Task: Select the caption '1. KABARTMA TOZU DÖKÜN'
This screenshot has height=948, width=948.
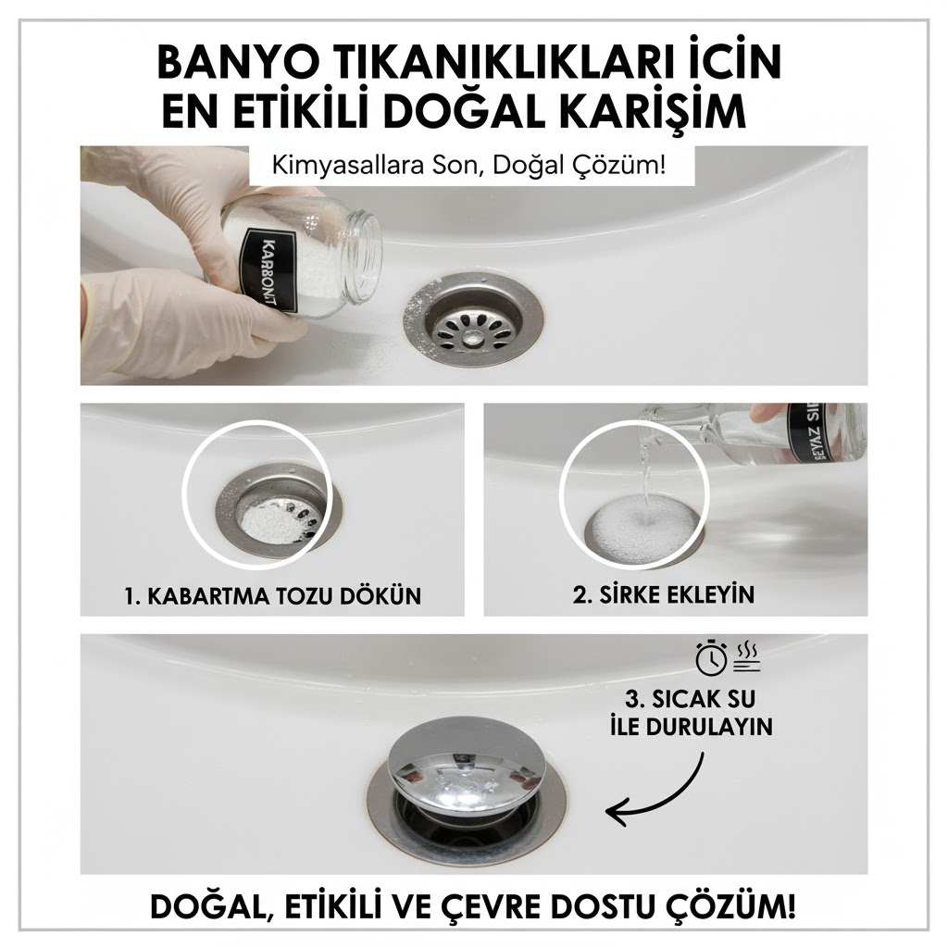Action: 272,595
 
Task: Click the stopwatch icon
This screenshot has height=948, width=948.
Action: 709,658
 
